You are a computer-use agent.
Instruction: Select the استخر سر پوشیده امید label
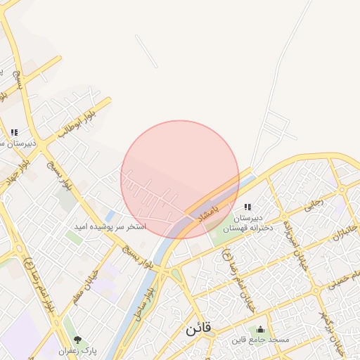(110, 227)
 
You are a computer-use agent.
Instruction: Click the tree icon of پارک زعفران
(78, 340)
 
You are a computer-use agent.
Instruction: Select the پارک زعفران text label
(78, 349)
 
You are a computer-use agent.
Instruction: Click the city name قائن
(200, 328)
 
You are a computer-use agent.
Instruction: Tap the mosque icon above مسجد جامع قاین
(261, 330)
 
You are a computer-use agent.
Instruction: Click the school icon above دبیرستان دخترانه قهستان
(247, 207)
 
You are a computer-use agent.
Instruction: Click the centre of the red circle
(180, 179)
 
